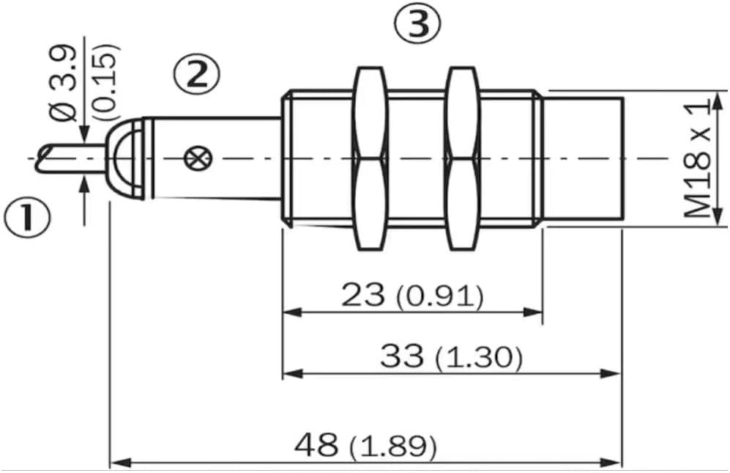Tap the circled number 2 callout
click(197, 75)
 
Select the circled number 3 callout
click(417, 24)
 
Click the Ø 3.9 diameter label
click(64, 83)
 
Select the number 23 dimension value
click(363, 296)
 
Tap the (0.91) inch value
click(440, 297)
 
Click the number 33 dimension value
click(402, 356)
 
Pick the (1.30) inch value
click(479, 358)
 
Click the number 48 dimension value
click(316, 444)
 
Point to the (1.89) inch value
click(393, 447)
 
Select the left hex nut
click(370, 158)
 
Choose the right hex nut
click(462, 158)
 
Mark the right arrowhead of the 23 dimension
click(533, 312)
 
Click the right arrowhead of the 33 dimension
click(611, 373)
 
